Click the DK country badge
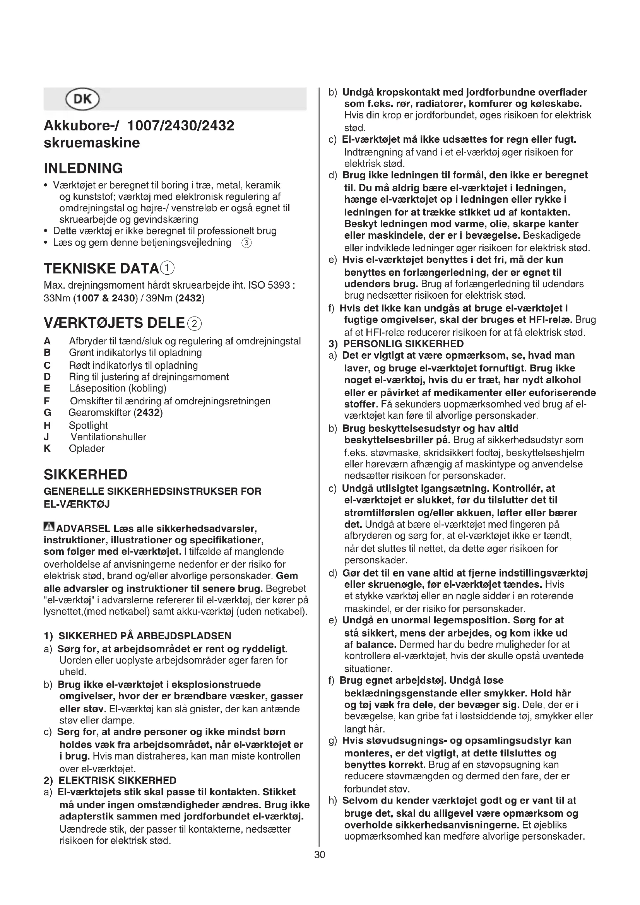point(83,99)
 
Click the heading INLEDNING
point(83,168)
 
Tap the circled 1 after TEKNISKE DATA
point(168,269)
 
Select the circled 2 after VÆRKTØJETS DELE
point(195,323)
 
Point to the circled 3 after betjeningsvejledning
point(246,243)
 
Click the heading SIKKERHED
point(86,475)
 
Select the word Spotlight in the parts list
point(88,425)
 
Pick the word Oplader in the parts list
point(87,448)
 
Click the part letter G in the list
point(48,413)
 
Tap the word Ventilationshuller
point(108,437)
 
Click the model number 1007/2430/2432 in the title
point(181,126)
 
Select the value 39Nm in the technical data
point(159,298)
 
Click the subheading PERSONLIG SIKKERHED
point(404,344)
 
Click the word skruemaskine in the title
point(92,143)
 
